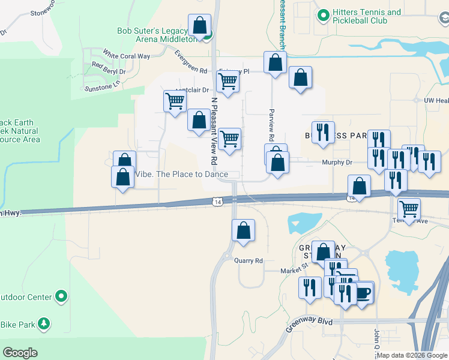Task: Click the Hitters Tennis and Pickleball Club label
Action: coord(368,17)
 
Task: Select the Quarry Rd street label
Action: coord(249,261)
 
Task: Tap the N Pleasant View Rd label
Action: coord(213,131)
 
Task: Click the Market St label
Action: coord(294,271)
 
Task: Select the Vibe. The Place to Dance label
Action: coord(181,175)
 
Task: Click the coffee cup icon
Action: coord(363,293)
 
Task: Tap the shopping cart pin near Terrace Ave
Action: coord(409,209)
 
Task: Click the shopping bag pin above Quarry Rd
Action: coord(243,230)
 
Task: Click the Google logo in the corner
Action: coord(20,353)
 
